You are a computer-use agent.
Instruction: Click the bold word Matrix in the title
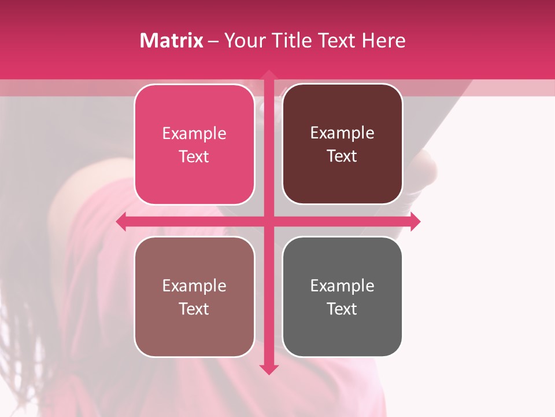pyautogui.click(x=172, y=41)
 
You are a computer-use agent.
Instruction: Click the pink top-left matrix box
pyautogui.click(x=194, y=180)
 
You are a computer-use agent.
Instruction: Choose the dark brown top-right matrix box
pyautogui.click(x=342, y=180)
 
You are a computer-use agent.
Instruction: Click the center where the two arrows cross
pyautogui.click(x=268, y=222)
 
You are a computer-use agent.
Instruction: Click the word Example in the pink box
pyautogui.click(x=194, y=134)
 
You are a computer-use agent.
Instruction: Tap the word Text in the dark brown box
pyautogui.click(x=342, y=156)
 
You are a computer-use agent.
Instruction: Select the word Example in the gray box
pyautogui.click(x=342, y=286)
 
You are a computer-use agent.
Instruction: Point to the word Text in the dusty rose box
pyautogui.click(x=194, y=309)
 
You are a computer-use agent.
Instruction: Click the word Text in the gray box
pyautogui.click(x=342, y=309)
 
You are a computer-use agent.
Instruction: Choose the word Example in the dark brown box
pyautogui.click(x=342, y=133)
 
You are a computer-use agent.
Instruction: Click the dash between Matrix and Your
pyautogui.click(x=213, y=41)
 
